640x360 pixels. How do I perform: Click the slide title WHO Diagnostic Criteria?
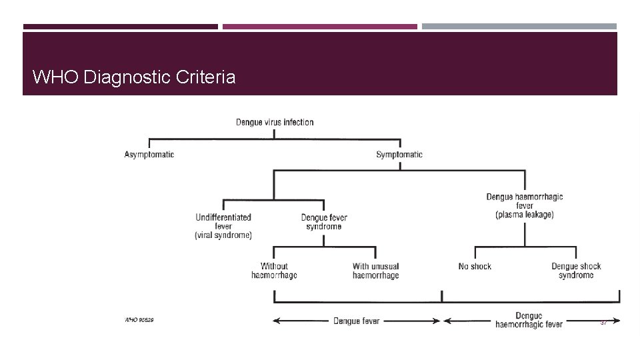[x=133, y=77]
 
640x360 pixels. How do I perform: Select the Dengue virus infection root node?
[x=275, y=122]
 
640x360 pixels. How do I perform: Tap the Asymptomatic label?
[x=149, y=155]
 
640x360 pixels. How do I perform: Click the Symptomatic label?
[x=399, y=155]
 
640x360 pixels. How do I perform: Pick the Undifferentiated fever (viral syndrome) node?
[x=223, y=226]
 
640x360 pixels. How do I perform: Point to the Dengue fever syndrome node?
[x=324, y=222]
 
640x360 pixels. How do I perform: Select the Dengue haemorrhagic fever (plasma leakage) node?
[x=525, y=205]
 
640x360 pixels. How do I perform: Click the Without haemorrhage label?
[x=274, y=271]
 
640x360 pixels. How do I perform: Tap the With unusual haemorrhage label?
[x=375, y=271]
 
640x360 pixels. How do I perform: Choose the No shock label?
[x=475, y=267]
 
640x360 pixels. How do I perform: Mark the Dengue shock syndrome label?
[x=576, y=271]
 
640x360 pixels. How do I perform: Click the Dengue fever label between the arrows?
[x=357, y=321]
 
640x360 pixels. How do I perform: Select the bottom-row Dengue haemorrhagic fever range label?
[x=529, y=320]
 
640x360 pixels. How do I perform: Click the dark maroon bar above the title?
[x=120, y=27]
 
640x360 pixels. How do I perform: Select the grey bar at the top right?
[x=519, y=27]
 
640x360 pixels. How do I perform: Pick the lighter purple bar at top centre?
[x=319, y=27]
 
